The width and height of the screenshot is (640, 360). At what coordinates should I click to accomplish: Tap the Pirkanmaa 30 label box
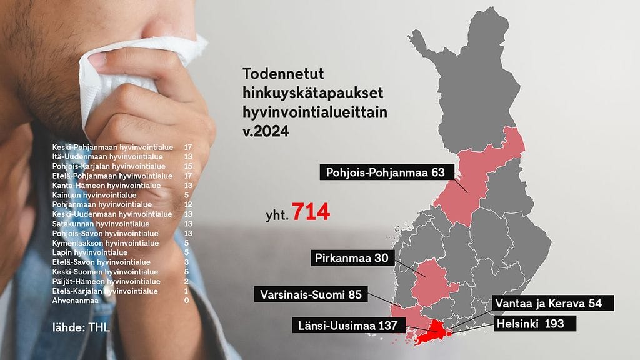[353, 258]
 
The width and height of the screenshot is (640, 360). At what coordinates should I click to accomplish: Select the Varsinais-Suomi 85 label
[311, 294]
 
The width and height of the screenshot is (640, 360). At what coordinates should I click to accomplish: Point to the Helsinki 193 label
[532, 324]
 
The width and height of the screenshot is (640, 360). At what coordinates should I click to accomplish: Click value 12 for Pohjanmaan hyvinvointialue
[187, 204]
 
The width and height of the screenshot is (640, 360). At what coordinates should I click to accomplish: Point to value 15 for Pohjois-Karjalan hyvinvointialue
[187, 166]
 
